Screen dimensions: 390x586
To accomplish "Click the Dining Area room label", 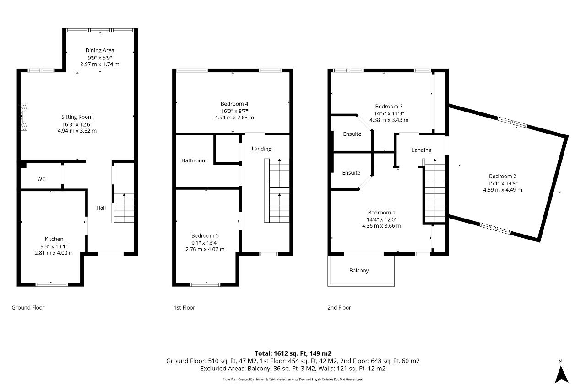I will coord(100,50).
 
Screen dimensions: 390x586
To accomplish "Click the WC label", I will coord(41,179).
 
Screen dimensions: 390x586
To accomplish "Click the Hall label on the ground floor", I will coord(101,208).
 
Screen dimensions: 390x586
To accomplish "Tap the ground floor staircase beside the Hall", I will coord(123,208).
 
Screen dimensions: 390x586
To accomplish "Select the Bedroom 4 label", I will coord(234,104).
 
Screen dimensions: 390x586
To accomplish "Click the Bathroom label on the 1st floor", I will coord(194,160).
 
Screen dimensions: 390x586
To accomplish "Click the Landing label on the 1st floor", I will coord(261,149).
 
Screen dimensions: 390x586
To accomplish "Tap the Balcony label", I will coord(359,271).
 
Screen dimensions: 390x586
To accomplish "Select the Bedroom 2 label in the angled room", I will coord(503,176).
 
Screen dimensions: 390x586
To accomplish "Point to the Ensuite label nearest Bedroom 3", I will coord(352,134).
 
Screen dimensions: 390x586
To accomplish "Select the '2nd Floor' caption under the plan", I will coord(339,308).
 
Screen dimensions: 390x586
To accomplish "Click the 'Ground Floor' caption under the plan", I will coord(28,308).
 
